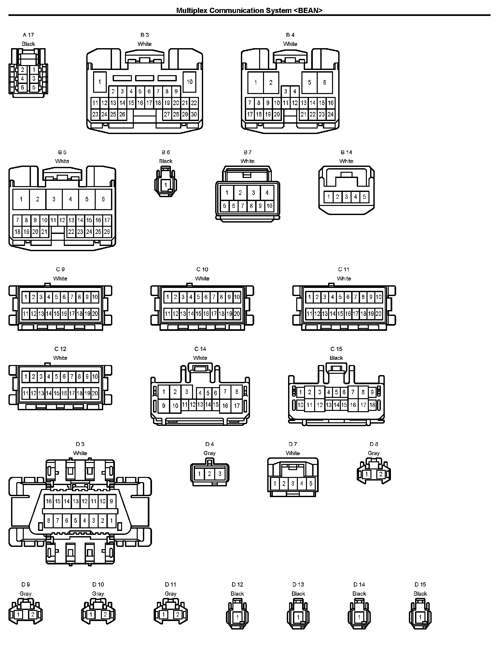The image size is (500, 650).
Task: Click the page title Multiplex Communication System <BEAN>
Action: pyautogui.click(x=249, y=10)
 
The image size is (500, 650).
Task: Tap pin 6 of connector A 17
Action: pyautogui.click(x=22, y=88)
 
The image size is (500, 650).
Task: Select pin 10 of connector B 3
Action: pyautogui.click(x=189, y=82)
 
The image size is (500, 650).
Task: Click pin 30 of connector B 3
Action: pyautogui.click(x=194, y=114)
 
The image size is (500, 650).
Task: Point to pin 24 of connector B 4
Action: pyautogui.click(x=331, y=114)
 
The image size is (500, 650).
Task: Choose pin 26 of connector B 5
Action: pyautogui.click(x=107, y=232)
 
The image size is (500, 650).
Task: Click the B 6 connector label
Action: pyautogui.click(x=166, y=152)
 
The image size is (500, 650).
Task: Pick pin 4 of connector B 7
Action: pyautogui.click(x=267, y=193)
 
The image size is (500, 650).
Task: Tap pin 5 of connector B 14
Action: pyautogui.click(x=364, y=196)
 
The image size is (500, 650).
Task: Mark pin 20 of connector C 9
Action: pyautogui.click(x=95, y=314)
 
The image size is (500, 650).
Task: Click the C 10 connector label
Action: pyautogui.click(x=202, y=269)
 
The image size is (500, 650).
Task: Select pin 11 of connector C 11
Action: pyautogui.click(x=309, y=314)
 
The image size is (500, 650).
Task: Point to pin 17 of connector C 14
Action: pyautogui.click(x=237, y=406)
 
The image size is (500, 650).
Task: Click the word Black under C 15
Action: pyautogui.click(x=336, y=358)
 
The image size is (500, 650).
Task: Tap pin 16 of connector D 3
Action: pyautogui.click(x=49, y=501)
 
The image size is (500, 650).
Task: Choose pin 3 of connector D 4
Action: pyautogui.click(x=220, y=474)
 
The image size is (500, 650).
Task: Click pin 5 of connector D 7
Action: pyautogui.click(x=311, y=484)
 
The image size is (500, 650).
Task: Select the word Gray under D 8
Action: pyautogui.click(x=374, y=453)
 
